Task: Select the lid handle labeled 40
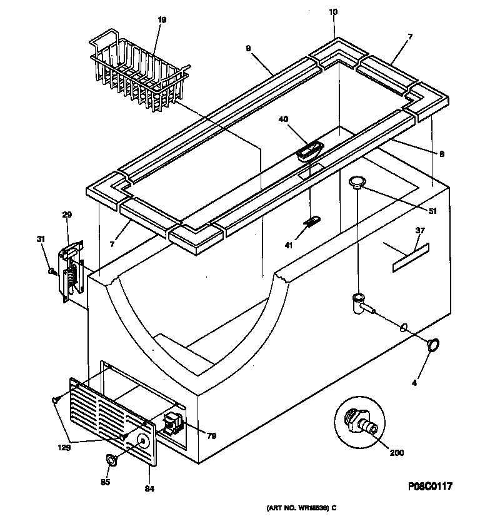point(309,151)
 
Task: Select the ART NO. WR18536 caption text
point(302,507)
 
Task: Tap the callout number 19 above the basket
point(162,20)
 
